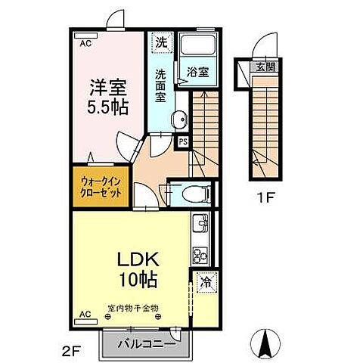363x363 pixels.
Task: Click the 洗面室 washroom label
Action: tap(161, 85)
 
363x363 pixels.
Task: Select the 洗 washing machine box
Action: tap(160, 43)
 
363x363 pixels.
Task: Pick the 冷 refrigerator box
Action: tap(204, 283)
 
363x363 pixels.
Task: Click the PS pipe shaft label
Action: tap(182, 141)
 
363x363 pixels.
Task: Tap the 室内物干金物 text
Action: tap(134, 308)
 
